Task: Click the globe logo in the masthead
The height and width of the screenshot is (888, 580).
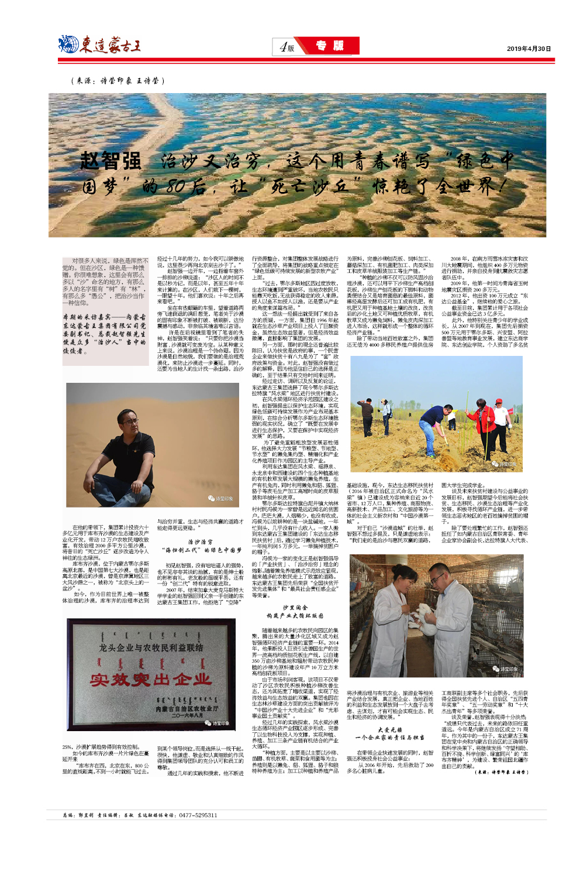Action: tap(68, 44)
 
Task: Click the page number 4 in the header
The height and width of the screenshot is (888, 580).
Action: tap(283, 47)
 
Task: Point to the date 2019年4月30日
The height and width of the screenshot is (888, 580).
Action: tap(529, 49)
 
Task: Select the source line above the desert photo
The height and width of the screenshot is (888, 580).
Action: tap(118, 81)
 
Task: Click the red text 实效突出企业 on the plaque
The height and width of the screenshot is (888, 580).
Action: tap(151, 679)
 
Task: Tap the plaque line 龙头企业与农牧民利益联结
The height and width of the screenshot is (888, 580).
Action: tap(151, 648)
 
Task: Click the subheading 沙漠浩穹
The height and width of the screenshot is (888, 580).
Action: tap(201, 542)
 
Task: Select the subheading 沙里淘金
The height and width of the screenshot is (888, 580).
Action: tap(295, 608)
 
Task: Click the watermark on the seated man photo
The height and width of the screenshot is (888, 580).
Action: tap(221, 499)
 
